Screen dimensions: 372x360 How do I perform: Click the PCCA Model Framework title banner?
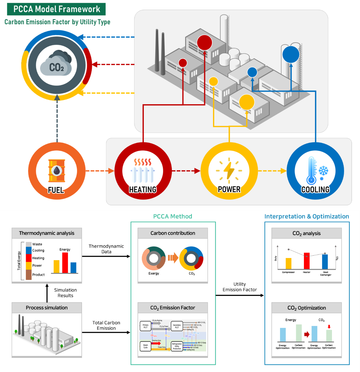[56, 9]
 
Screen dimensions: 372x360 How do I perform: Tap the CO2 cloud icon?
[56, 65]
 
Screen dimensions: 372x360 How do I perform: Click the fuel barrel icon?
[57, 170]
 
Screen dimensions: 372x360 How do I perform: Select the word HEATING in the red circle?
[143, 189]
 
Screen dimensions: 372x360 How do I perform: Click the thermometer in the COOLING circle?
[311, 170]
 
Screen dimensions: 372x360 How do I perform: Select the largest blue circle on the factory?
[291, 54]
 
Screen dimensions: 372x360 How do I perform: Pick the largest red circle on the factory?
[204, 43]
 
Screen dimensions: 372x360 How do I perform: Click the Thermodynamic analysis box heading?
[47, 233]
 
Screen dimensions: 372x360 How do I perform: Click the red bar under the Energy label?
[65, 263]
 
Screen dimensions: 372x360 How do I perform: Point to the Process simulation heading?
[47, 308]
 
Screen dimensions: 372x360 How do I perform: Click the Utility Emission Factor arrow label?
[239, 287]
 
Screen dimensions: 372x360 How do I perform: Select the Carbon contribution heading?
[173, 233]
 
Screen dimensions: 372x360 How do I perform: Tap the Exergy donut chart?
[154, 258]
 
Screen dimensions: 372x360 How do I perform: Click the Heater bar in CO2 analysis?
[307, 261]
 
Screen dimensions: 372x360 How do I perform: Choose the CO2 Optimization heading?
[307, 308]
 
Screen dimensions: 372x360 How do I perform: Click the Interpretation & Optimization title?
[307, 216]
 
